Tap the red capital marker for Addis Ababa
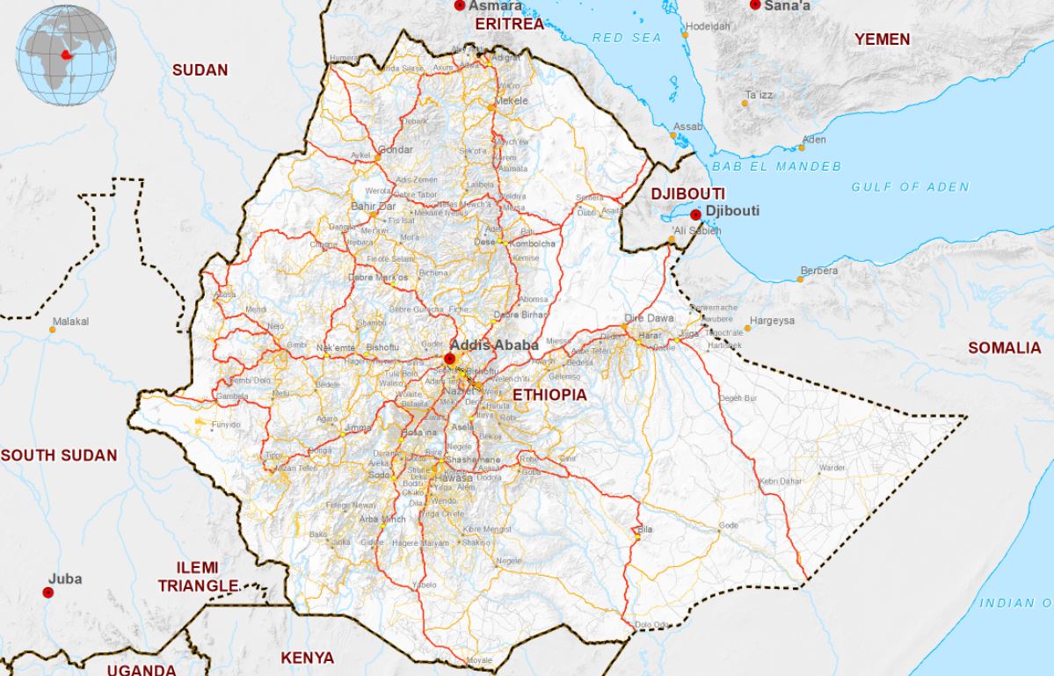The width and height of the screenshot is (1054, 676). click(450, 359)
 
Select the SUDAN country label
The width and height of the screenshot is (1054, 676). click(200, 70)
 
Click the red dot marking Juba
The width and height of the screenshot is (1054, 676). click(48, 592)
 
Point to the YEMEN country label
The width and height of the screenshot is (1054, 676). click(882, 40)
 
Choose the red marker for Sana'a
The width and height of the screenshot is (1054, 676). click(754, 5)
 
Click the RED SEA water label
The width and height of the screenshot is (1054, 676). click(626, 38)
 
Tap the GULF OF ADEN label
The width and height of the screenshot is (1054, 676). click(910, 186)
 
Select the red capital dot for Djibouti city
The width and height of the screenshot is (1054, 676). click(695, 214)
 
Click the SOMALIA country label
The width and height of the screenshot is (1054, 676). click(1004, 348)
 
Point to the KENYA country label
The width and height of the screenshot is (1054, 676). click(307, 658)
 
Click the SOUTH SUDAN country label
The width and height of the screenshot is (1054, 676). click(59, 455)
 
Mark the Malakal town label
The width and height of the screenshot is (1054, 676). click(70, 322)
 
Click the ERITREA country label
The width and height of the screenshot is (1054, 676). click(510, 24)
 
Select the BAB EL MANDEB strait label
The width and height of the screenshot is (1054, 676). click(776, 166)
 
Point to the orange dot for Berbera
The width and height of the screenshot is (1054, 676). click(800, 280)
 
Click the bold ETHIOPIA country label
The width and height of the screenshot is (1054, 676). click(549, 395)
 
